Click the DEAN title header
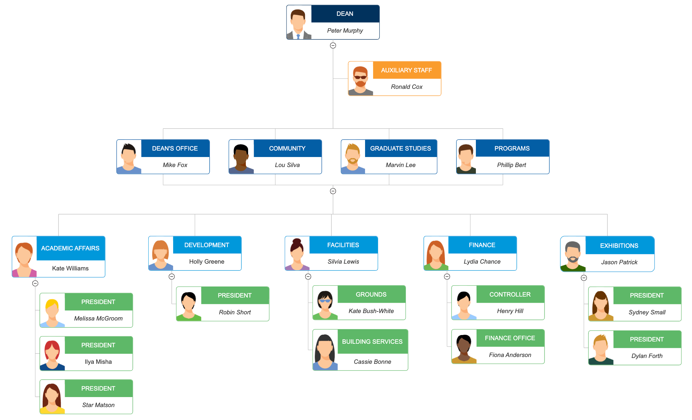coord(345,14)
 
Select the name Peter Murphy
coord(345,31)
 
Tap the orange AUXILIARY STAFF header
coord(406,70)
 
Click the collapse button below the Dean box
coord(333,46)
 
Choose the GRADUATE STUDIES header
coord(400,148)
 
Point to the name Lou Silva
coord(287,165)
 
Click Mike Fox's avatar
coord(129,157)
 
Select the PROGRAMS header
coord(512,148)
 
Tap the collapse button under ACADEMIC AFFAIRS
coord(35,283)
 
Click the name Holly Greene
coord(206,262)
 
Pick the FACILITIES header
coord(343,245)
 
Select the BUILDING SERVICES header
coord(372,341)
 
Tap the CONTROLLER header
coord(510,294)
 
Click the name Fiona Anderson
coord(510,355)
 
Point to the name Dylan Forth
coord(647,356)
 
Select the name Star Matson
coord(98,405)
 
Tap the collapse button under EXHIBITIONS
coord(583,278)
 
